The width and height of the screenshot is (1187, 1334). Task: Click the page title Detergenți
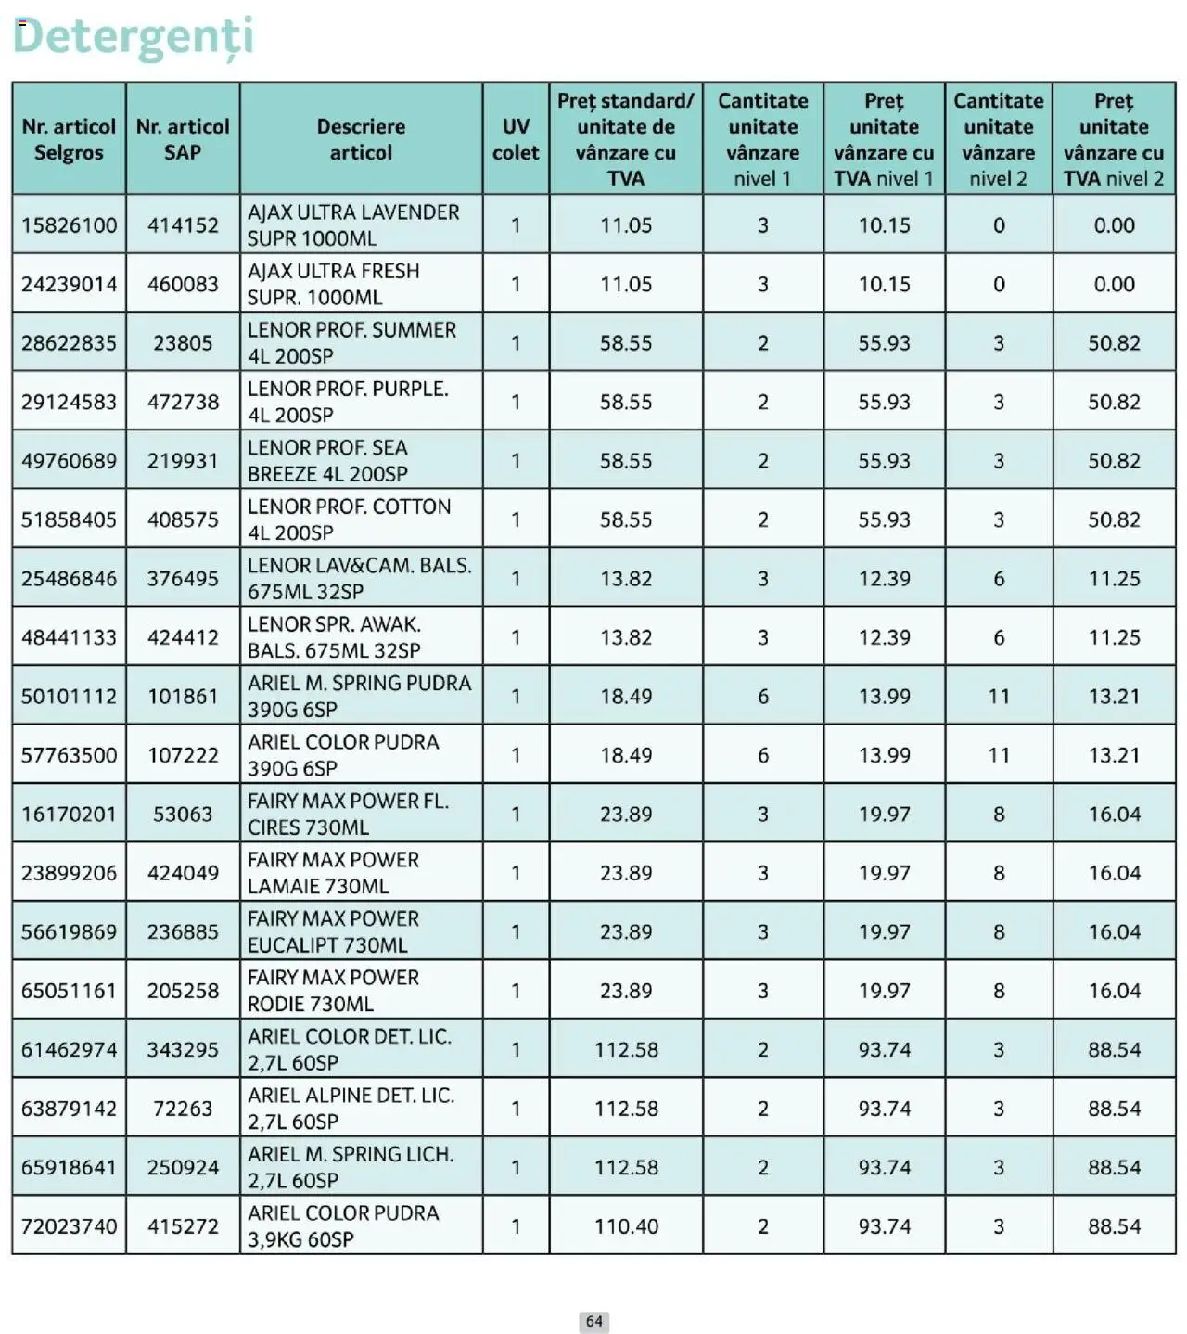[133, 37]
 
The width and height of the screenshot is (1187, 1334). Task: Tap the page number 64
[594, 1321]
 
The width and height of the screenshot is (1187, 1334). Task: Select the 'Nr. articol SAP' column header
[183, 139]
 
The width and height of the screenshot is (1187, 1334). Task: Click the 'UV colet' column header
[516, 139]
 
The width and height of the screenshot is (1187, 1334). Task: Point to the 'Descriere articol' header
[361, 139]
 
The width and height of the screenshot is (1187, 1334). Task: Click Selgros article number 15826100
[70, 225]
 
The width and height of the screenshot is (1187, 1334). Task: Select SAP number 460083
[183, 284]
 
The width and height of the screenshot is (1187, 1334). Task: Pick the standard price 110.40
[626, 1226]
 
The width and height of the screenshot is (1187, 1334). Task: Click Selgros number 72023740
[70, 1226]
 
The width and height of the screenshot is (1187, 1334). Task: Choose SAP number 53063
[183, 815]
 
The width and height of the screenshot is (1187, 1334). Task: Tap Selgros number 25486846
[70, 579]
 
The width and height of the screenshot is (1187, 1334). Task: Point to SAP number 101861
[183, 697]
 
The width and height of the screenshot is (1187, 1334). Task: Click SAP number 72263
[183, 1109]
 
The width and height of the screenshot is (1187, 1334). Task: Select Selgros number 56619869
[70, 932]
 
